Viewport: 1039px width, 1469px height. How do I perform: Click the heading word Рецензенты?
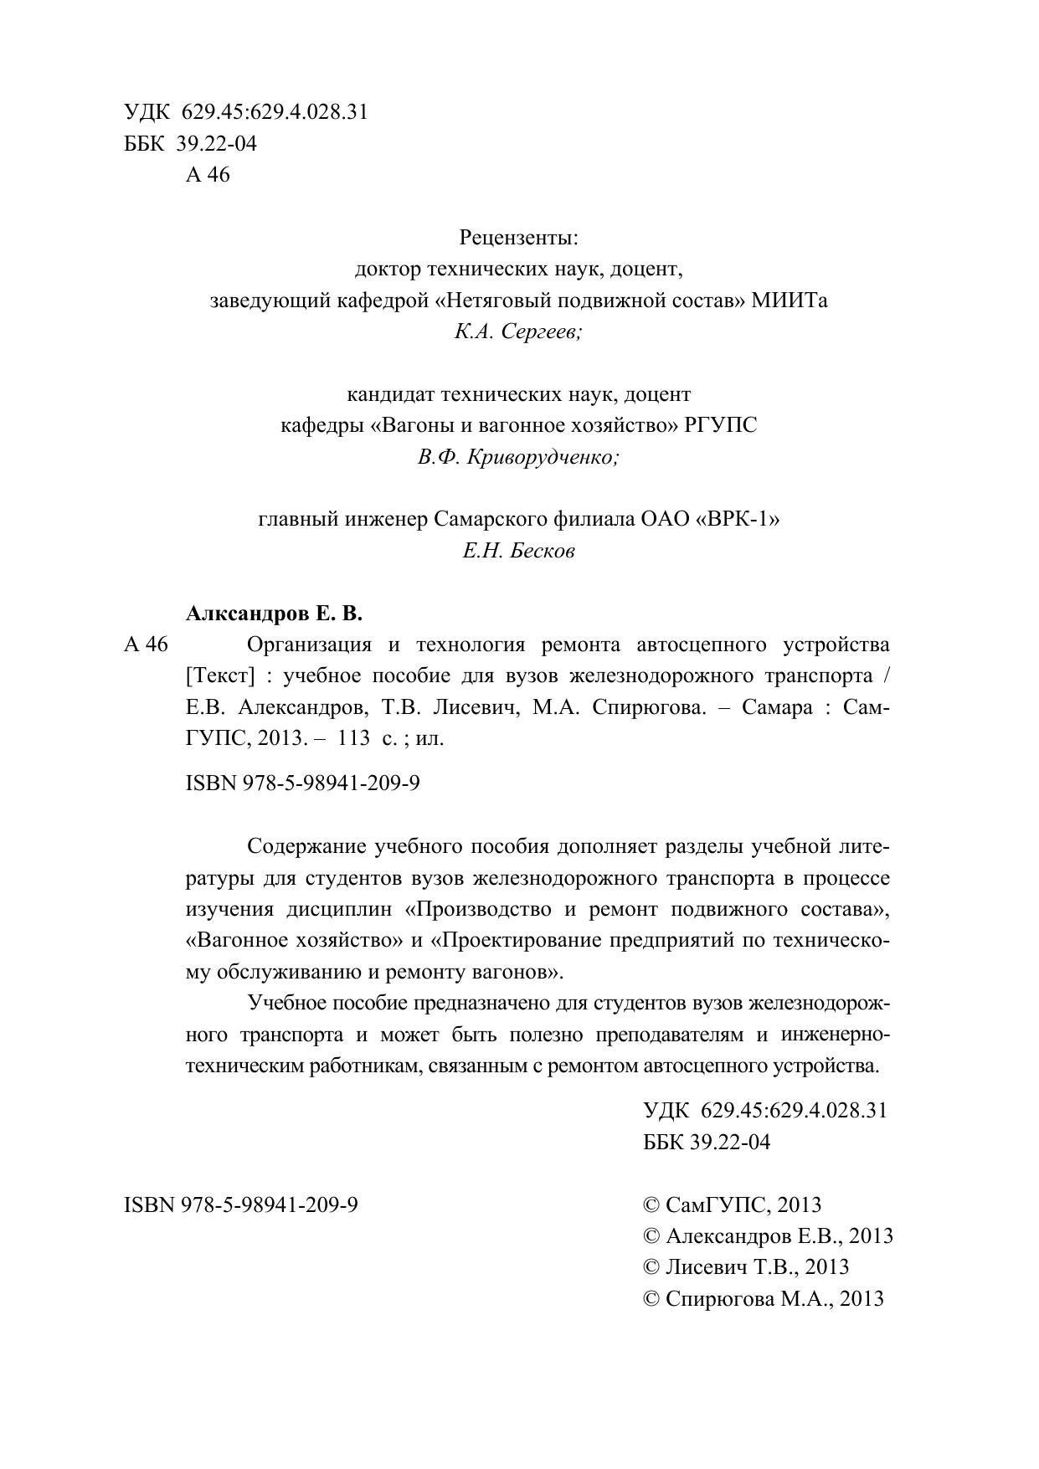click(x=518, y=239)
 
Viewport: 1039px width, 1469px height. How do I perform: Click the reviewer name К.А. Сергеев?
click(x=518, y=332)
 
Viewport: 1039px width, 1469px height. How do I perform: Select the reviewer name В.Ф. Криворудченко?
click(x=518, y=458)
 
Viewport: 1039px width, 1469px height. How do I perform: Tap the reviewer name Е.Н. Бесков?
click(x=518, y=552)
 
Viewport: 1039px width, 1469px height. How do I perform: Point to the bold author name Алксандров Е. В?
click(x=274, y=614)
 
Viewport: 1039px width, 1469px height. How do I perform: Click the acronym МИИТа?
click(x=789, y=300)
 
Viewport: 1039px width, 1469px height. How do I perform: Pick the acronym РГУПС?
click(x=720, y=426)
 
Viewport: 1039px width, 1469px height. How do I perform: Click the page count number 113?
click(x=354, y=739)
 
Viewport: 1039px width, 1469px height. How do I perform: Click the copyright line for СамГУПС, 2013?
click(x=732, y=1205)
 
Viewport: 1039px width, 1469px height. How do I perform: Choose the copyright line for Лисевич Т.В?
click(x=745, y=1267)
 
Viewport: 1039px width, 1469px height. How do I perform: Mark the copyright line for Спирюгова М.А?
click(x=763, y=1299)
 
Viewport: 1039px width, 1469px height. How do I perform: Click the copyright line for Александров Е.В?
click(x=767, y=1236)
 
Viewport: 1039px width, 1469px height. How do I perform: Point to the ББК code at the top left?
click(x=190, y=144)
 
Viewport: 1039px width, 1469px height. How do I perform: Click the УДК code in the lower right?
click(x=764, y=1111)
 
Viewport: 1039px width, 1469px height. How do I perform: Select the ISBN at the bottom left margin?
click(x=241, y=1205)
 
